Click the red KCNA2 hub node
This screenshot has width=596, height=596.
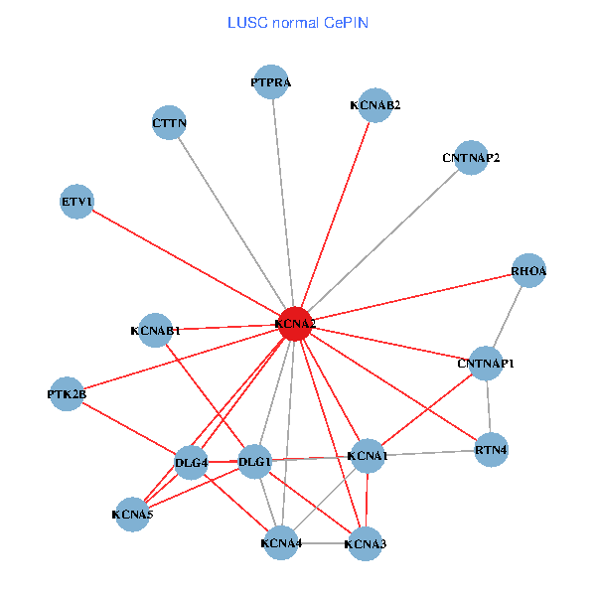(294, 324)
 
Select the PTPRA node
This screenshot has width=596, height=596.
(271, 82)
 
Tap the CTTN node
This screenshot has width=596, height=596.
(170, 123)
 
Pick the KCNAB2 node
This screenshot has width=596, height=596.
(375, 104)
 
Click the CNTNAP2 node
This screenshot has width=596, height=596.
(471, 158)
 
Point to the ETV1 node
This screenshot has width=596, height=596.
(76, 203)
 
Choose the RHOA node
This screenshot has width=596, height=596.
(528, 271)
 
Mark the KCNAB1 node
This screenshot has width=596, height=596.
(156, 330)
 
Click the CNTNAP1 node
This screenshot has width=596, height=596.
(486, 364)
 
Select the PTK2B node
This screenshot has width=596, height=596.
(67, 394)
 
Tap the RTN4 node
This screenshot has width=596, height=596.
(492, 450)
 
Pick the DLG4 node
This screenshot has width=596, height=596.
(191, 463)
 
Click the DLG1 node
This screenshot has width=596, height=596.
(255, 463)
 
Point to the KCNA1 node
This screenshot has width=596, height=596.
(368, 456)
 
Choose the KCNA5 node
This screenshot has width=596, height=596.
(132, 515)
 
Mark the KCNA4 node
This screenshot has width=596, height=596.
(281, 543)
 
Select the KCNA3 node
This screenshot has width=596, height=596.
(366, 543)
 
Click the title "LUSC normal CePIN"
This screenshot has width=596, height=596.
(298, 22)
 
